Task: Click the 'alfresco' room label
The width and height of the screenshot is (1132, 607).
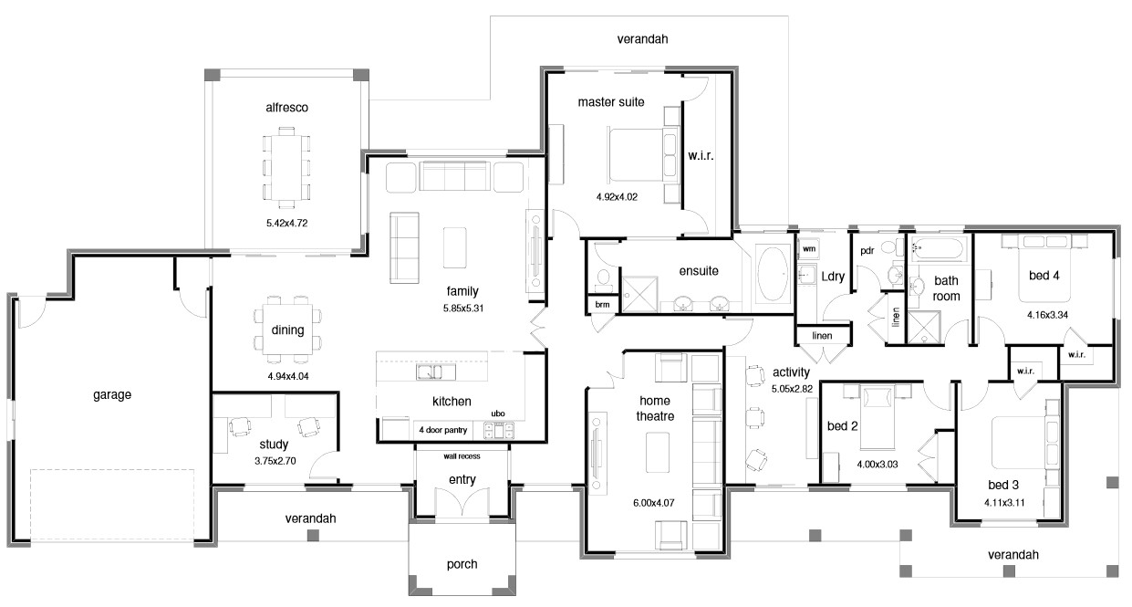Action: (x=286, y=108)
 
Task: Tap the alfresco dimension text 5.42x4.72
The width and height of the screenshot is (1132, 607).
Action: (x=286, y=222)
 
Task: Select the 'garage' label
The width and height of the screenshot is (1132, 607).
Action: (x=112, y=395)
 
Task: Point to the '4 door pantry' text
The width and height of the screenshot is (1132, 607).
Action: (x=443, y=429)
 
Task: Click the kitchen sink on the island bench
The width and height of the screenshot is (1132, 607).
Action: (x=436, y=372)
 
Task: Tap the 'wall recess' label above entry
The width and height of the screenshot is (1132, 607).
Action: (x=462, y=456)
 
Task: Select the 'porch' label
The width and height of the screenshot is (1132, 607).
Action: (x=462, y=564)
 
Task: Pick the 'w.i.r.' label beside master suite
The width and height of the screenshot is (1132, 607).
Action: (x=701, y=156)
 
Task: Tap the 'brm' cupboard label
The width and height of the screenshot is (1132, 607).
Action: (x=601, y=304)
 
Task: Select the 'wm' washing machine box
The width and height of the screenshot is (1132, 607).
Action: (x=808, y=247)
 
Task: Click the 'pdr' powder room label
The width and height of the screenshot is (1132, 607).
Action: (x=867, y=250)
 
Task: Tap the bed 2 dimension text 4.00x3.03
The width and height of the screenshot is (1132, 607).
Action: (x=877, y=464)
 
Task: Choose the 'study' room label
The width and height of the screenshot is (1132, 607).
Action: (x=274, y=445)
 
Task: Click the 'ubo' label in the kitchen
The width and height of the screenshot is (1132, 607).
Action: (x=498, y=413)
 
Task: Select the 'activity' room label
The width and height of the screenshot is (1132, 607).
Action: (x=791, y=372)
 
